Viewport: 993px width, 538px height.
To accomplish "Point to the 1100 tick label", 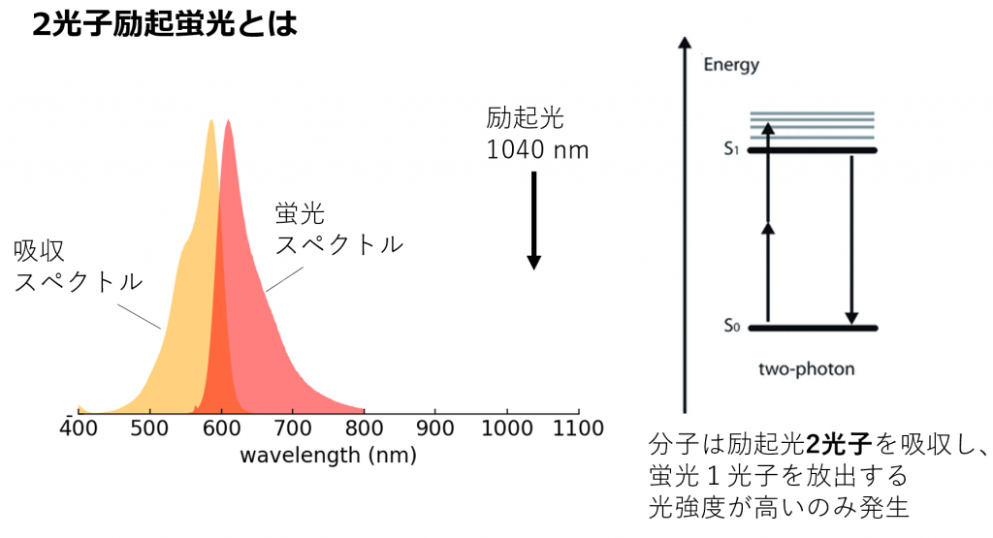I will pos(579,427).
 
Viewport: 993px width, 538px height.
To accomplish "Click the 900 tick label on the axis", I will pos(435,427).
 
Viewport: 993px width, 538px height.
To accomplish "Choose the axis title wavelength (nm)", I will pos(328,454).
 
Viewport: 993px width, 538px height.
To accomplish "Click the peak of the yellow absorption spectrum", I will pos(210,122).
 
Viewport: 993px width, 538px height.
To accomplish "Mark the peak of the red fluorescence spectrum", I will pos(228,122).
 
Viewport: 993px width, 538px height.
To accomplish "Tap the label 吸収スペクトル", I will pos(78,266).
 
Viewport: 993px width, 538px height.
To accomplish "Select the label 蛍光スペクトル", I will pos(338,229).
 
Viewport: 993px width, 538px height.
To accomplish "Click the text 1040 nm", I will pos(537,150).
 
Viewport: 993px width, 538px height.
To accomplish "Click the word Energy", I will pos(731,66).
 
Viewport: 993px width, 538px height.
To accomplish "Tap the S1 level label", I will pos(731,150).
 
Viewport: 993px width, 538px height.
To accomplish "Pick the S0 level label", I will pos(731,328).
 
